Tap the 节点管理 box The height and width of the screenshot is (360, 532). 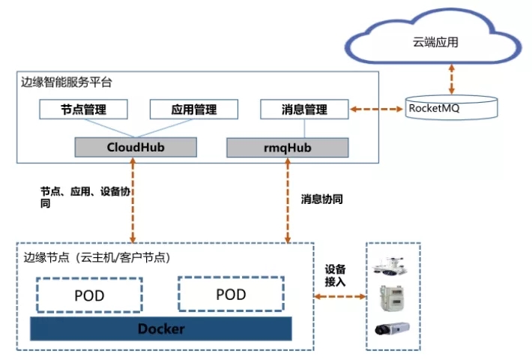83,109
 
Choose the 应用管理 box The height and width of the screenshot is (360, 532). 194,109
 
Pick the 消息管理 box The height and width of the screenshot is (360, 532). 304,109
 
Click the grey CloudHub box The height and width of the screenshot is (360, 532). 135,147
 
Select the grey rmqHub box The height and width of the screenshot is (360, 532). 288,148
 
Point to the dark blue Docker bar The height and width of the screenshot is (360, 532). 160,328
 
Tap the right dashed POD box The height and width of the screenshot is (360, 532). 230,294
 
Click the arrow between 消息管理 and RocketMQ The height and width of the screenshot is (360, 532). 376,109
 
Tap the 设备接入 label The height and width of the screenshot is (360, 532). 335,275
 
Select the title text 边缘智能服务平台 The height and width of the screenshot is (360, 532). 67,82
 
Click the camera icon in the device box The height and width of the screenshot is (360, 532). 392,326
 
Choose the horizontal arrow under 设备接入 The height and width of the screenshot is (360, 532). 339,298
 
